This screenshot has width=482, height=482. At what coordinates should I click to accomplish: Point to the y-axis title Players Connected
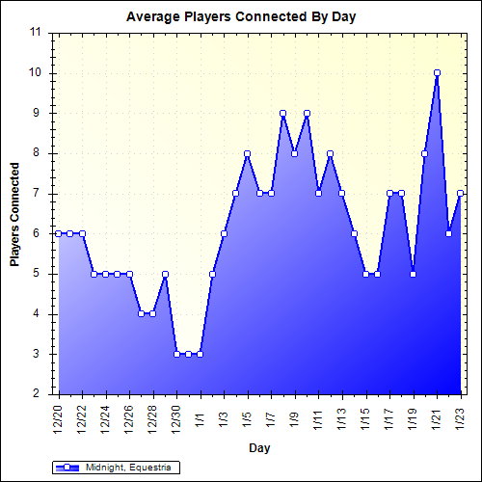[x=15, y=214]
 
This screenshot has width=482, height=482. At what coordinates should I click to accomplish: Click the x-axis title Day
[x=259, y=447]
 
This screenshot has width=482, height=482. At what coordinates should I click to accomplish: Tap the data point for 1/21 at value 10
[x=437, y=72]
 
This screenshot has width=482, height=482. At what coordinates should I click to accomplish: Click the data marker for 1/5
[x=248, y=153]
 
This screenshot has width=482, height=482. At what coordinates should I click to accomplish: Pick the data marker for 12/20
[x=59, y=233]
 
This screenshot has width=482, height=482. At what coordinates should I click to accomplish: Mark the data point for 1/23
[x=461, y=193]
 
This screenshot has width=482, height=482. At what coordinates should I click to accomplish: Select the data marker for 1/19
[x=414, y=274]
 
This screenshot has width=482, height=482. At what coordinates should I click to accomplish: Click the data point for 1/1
[x=201, y=354]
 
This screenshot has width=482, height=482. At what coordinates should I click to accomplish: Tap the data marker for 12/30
[x=176, y=354]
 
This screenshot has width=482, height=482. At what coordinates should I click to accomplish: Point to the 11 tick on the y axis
[x=35, y=32]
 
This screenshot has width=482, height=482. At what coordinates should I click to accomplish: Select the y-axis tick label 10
[x=35, y=72]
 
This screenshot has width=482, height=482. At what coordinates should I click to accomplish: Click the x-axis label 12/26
[x=130, y=417]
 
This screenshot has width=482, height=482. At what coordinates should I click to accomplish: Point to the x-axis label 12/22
[x=83, y=417]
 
